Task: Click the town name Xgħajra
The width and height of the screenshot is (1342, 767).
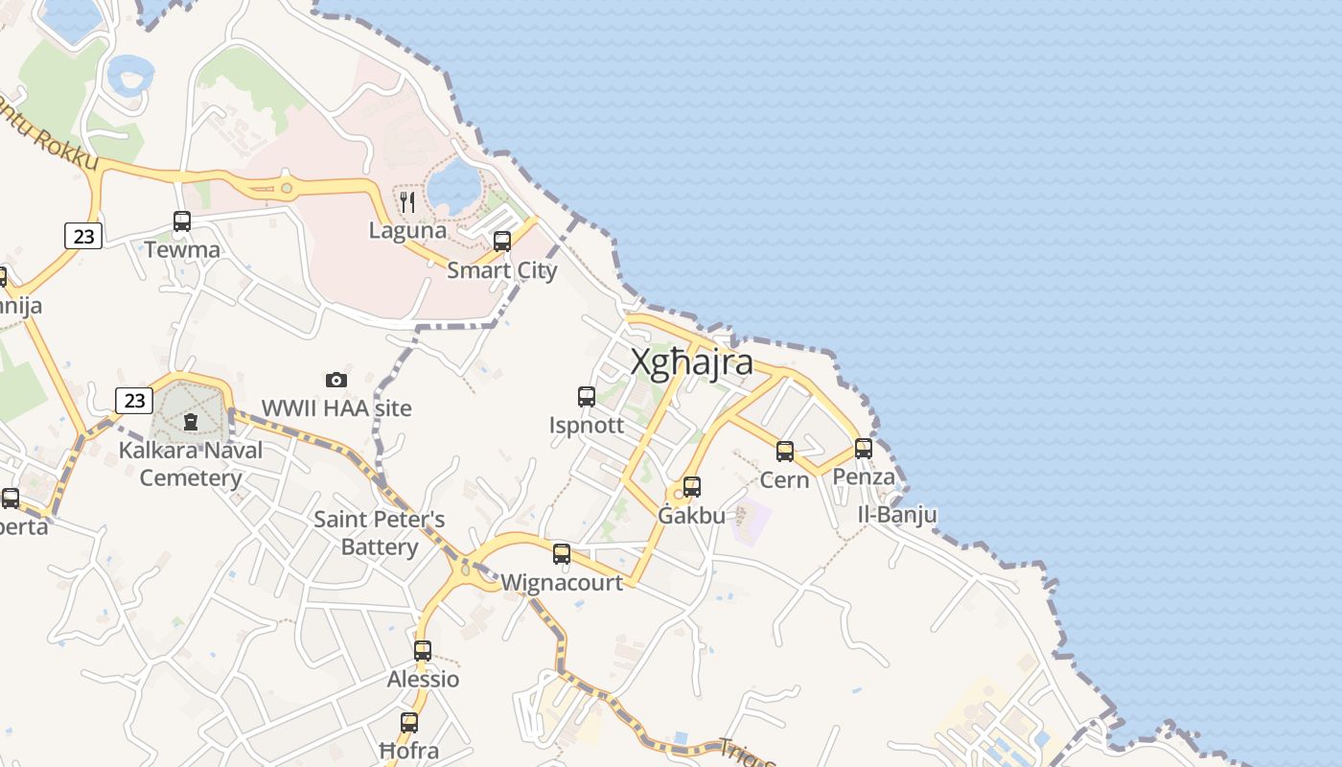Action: click(x=691, y=363)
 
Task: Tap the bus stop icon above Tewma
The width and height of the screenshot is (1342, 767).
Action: click(x=182, y=221)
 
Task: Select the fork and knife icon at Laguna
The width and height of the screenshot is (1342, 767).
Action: click(x=407, y=202)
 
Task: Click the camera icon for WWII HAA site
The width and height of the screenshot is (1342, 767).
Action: click(x=336, y=380)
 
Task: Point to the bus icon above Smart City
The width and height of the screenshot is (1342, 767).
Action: click(x=502, y=242)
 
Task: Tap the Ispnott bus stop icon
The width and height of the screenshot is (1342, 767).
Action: click(x=587, y=396)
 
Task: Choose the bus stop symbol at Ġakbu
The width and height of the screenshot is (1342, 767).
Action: click(x=692, y=487)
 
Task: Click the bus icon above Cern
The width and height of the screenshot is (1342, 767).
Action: click(x=785, y=451)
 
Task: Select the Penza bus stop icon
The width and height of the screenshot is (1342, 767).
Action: click(x=864, y=448)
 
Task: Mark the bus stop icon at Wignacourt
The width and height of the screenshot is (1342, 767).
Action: click(x=562, y=553)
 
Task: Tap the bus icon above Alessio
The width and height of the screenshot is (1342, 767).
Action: click(x=423, y=651)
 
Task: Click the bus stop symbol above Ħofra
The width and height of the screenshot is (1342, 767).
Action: click(x=409, y=723)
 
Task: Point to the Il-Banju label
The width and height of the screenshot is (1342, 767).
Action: click(x=897, y=515)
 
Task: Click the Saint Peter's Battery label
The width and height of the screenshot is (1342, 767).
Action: click(x=380, y=533)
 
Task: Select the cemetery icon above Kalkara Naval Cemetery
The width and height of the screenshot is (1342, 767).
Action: click(x=191, y=421)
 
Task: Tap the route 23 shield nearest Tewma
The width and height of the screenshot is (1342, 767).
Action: click(x=84, y=235)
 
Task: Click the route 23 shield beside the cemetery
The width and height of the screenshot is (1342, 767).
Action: click(x=134, y=400)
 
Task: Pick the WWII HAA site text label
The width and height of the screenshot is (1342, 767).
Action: click(x=336, y=408)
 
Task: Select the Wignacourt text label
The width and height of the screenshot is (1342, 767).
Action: click(x=562, y=582)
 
